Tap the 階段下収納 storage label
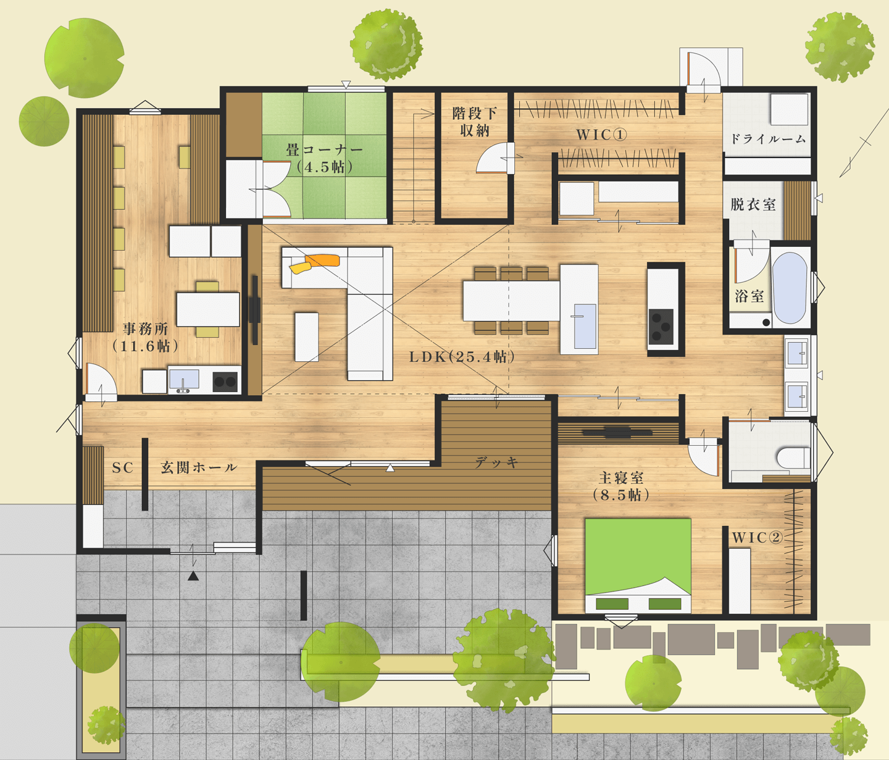click(x=474, y=122)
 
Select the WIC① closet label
click(x=601, y=135)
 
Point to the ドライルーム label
click(x=768, y=139)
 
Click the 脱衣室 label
click(x=753, y=204)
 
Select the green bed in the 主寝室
click(x=638, y=565)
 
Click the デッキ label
click(x=497, y=462)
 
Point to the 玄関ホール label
click(x=199, y=467)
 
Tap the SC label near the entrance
click(x=123, y=467)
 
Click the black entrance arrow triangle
click(x=193, y=575)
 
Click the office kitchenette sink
click(x=184, y=379)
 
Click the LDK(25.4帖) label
click(x=462, y=357)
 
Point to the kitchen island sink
click(x=585, y=326)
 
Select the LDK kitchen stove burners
click(x=661, y=326)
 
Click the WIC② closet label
click(x=758, y=537)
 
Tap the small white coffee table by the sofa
click(x=307, y=336)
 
